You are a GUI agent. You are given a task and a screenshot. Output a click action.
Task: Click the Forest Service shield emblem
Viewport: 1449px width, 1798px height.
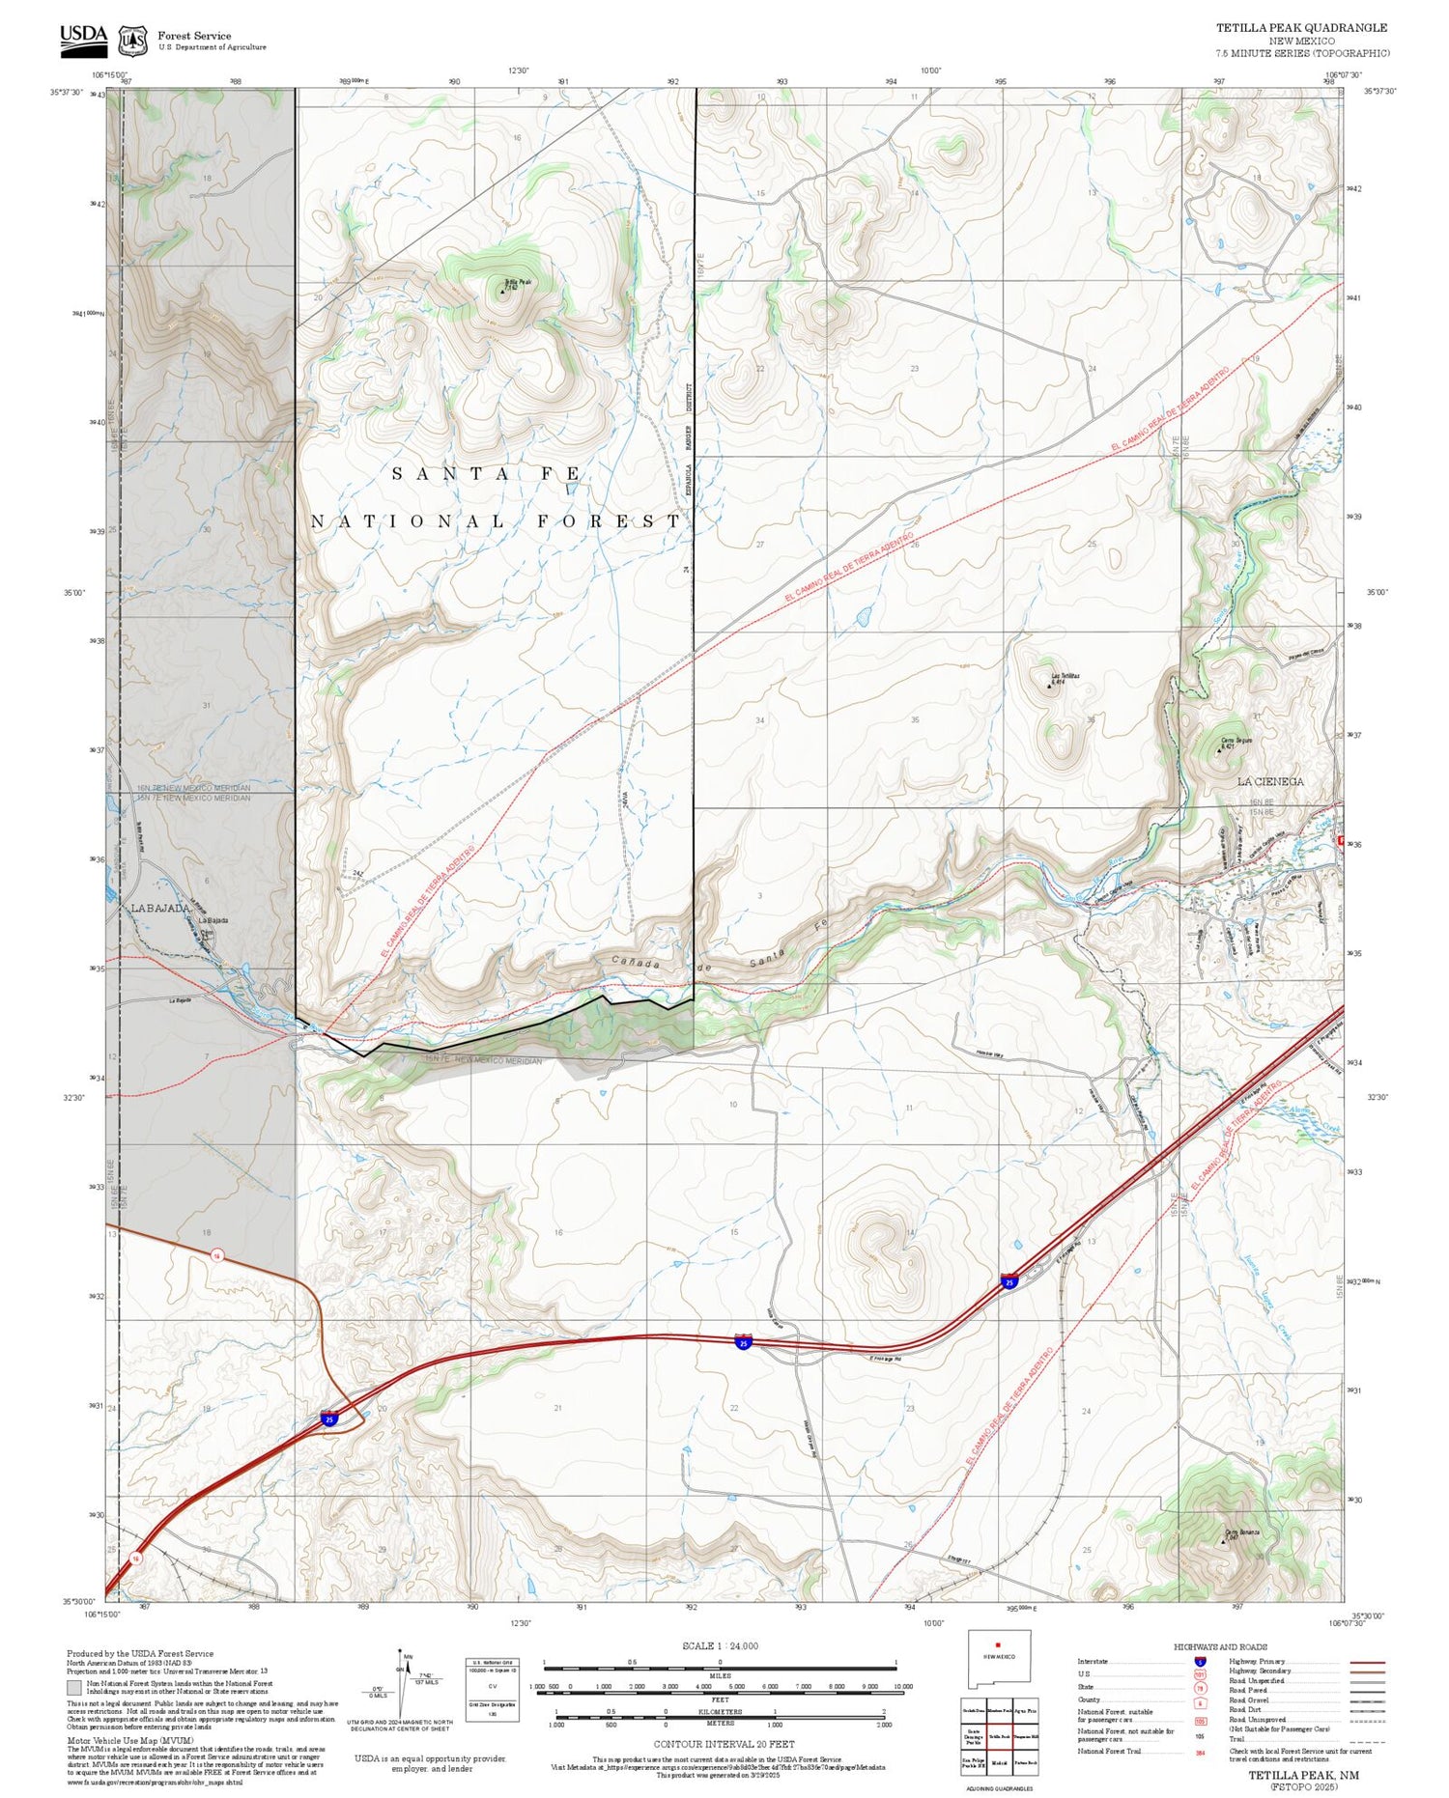pyautogui.click(x=132, y=40)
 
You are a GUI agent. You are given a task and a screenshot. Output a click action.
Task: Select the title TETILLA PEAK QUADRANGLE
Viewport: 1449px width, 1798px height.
pyautogui.click(x=1301, y=28)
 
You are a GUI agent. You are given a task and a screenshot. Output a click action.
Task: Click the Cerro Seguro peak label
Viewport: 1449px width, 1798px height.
pyautogui.click(x=1237, y=741)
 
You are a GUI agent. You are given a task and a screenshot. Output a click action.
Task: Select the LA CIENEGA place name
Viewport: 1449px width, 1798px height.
pyautogui.click(x=1270, y=781)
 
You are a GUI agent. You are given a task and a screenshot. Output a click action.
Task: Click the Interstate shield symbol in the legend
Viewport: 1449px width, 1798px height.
pyautogui.click(x=1200, y=1662)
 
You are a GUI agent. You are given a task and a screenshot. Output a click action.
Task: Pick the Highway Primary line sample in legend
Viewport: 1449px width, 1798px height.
pyautogui.click(x=1363, y=1662)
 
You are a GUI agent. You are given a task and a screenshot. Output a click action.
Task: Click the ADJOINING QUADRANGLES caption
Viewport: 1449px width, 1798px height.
pyautogui.click(x=999, y=1788)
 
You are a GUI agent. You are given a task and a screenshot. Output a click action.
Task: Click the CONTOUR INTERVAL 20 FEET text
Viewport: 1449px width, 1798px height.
pyautogui.click(x=724, y=1744)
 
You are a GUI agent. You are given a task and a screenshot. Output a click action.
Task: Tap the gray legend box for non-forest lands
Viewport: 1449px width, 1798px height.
pyautogui.click(x=74, y=1688)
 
